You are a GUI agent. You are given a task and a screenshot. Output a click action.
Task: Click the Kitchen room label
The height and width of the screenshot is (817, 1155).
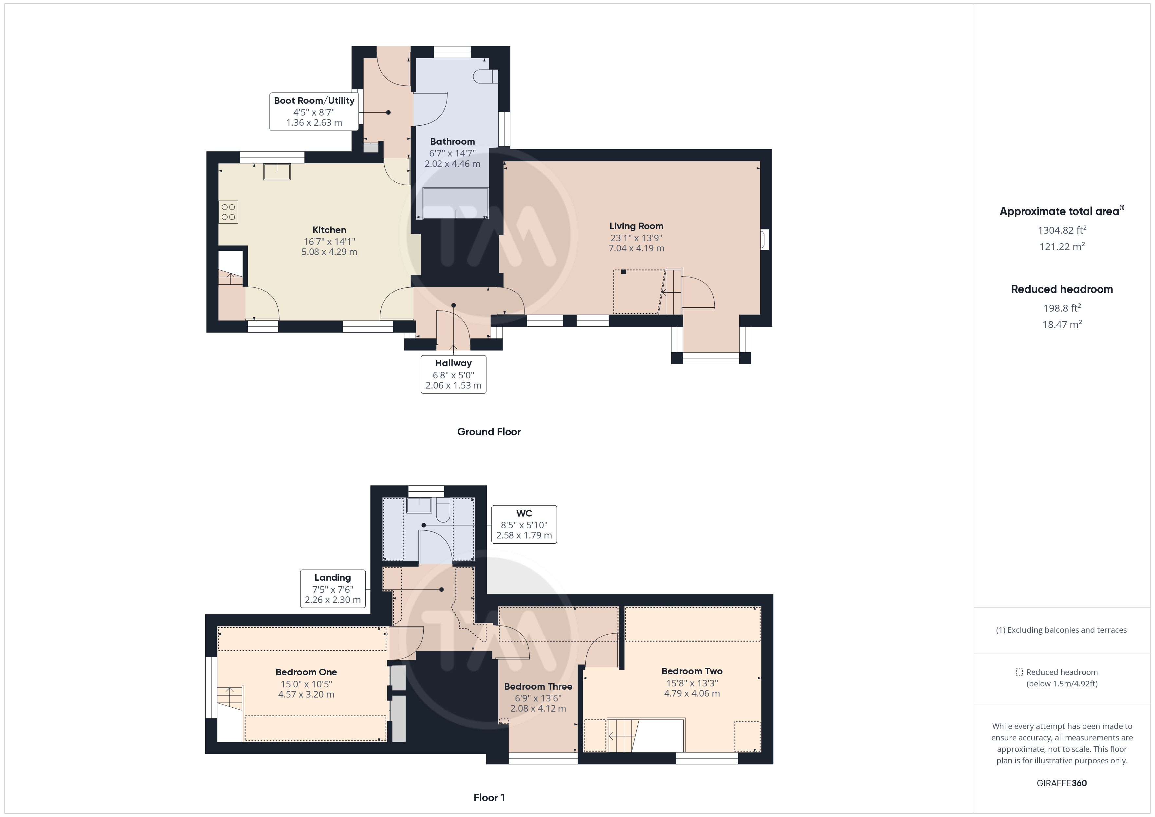coord(329,230)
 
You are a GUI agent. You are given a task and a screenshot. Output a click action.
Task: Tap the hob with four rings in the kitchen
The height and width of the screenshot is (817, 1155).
coord(229,212)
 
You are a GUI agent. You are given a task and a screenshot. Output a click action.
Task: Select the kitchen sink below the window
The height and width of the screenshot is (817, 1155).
coord(277,172)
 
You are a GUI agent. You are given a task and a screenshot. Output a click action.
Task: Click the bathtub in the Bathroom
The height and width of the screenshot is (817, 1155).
coord(456,204)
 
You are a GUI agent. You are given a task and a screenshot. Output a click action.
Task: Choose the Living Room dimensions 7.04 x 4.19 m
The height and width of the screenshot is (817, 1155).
coord(636,248)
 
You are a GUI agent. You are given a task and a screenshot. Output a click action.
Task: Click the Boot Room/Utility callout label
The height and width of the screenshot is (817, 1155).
coord(314,111)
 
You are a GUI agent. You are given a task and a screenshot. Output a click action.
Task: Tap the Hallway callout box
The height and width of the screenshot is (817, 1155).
coord(453,374)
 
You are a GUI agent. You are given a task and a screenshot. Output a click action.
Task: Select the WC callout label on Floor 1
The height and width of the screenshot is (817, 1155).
coord(524,524)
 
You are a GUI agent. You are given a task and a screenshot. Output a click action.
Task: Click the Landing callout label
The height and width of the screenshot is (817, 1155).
coord(333,589)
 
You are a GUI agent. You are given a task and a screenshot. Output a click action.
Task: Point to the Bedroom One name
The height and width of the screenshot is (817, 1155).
coord(306,672)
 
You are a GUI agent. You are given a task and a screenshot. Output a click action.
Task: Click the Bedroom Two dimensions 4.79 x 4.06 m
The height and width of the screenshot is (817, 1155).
coord(692,693)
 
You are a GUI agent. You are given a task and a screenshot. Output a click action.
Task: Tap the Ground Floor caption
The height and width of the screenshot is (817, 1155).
coord(489,432)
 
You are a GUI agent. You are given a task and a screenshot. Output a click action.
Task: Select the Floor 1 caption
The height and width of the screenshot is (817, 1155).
coord(489,797)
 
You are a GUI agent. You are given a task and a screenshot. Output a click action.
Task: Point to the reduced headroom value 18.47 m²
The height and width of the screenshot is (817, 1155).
coord(1062,324)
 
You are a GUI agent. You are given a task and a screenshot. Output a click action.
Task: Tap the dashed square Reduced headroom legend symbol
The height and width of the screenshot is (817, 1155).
coord(1019,672)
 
